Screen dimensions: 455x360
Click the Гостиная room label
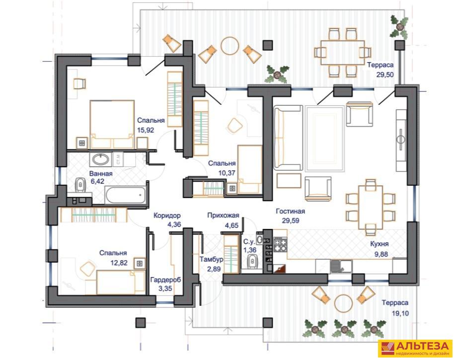coord(290,212)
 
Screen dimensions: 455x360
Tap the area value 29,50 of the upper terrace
coord(385,74)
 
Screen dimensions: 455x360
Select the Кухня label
coord(379,244)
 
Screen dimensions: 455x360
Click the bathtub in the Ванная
coord(126,196)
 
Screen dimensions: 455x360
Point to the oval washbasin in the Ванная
coord(101,159)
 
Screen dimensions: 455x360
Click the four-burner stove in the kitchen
coord(280,244)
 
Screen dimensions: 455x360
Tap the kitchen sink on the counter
coord(341,266)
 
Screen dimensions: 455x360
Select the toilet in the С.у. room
coord(252,262)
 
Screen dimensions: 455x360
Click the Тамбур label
coord(211,259)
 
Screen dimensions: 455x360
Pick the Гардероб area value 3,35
coord(165,288)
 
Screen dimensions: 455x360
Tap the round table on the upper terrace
coord(230,46)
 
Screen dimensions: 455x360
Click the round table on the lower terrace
coord(343,303)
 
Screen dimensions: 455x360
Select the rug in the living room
coord(324,139)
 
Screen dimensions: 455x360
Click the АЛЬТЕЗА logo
coord(415,348)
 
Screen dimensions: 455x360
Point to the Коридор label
coord(167,216)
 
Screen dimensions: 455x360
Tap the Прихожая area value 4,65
coord(231,225)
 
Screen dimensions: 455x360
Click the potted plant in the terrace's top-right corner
coord(399,26)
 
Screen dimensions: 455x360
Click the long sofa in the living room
coord(288,138)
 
